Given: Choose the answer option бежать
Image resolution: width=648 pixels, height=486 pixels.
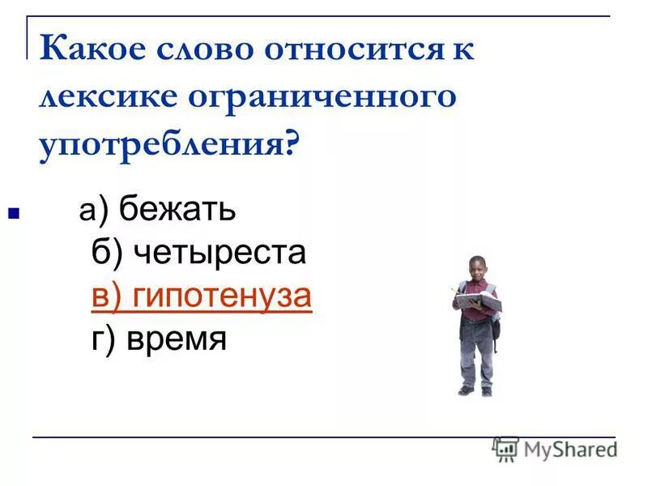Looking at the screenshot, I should [x=177, y=211].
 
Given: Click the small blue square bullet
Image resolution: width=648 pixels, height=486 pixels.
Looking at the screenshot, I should [x=13, y=216].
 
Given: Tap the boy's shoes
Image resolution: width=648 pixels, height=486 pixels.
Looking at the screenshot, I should [x=475, y=390].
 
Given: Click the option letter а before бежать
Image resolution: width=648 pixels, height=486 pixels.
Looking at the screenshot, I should [x=87, y=212].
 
